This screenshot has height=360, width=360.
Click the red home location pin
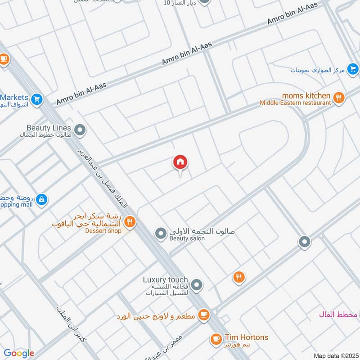(x=180, y=162)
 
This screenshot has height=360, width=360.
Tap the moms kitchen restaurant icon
(x=339, y=97)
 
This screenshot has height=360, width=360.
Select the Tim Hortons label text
(x=246, y=337)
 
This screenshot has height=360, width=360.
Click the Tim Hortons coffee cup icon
(x=216, y=338)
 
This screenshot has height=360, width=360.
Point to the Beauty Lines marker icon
(x=80, y=131)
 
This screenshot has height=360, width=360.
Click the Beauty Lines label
(x=49, y=128)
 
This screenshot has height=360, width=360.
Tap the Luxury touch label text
(x=165, y=280)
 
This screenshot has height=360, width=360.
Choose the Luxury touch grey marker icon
(x=196, y=285)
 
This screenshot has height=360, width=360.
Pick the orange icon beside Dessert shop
(x=130, y=221)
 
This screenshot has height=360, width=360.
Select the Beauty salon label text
(x=187, y=238)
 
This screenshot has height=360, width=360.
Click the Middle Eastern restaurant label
(x=295, y=103)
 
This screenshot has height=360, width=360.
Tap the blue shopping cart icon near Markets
(x=37, y=99)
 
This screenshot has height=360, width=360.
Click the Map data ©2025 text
(x=335, y=355)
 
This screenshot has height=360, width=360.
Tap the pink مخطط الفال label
(x=337, y=314)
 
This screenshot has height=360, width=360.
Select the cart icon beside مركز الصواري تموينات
(x=353, y=69)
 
